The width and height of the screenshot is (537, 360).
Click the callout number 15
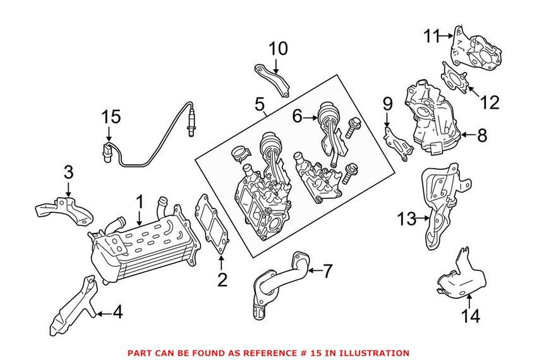point(111,117)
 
